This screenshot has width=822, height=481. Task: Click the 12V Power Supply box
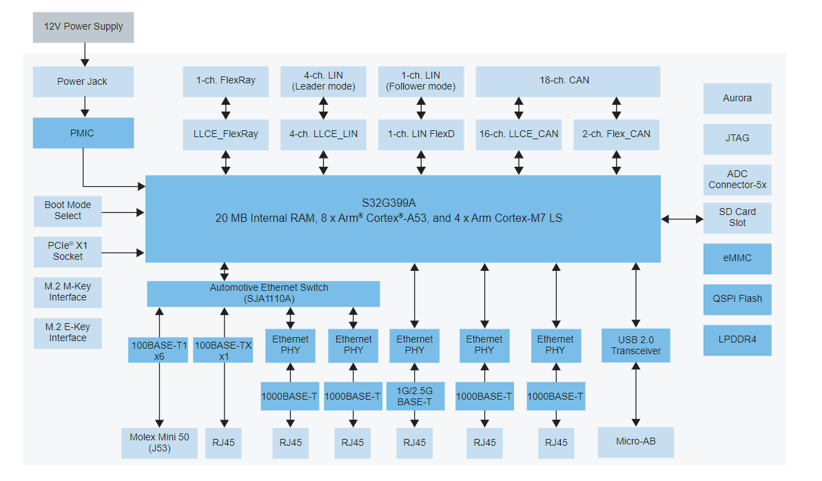pyautogui.click(x=83, y=27)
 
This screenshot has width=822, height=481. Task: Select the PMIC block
pyautogui.click(x=83, y=133)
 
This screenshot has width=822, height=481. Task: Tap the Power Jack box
pyautogui.click(x=83, y=81)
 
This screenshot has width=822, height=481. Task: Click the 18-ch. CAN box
pyautogui.click(x=568, y=81)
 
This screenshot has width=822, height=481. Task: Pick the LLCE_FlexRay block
pyautogui.click(x=225, y=134)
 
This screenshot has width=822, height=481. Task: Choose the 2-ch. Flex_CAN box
pyautogui.click(x=616, y=134)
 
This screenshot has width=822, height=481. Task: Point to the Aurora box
pyautogui.click(x=737, y=99)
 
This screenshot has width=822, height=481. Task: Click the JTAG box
pyautogui.click(x=737, y=139)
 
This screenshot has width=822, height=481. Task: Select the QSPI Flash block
pyautogui.click(x=737, y=299)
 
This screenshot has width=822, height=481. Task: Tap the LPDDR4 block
pyautogui.click(x=737, y=340)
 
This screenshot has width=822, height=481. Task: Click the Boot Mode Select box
pyautogui.click(x=68, y=210)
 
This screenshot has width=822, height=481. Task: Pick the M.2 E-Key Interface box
pyautogui.click(x=68, y=333)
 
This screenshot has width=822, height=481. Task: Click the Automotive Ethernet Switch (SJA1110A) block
pyautogui.click(x=263, y=294)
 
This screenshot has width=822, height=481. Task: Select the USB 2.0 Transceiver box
pyautogui.click(x=635, y=345)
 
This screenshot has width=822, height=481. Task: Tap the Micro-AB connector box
pyautogui.click(x=635, y=441)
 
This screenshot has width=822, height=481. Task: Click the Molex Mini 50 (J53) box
pyautogui.click(x=159, y=442)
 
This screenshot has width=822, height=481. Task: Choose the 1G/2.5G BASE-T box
pyautogui.click(x=414, y=396)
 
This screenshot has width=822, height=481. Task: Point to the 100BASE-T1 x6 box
pyautogui.click(x=158, y=350)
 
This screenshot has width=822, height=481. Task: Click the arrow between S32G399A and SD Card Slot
pyautogui.click(x=681, y=219)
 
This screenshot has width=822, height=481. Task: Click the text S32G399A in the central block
pyautogui.click(x=389, y=203)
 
